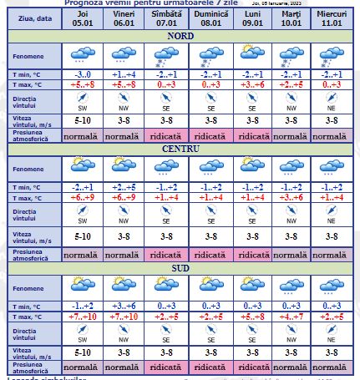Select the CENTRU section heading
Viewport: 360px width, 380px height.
point(180,148)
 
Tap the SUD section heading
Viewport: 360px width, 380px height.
point(180,268)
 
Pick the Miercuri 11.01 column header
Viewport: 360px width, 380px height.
point(333,19)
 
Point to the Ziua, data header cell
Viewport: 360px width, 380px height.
point(31,19)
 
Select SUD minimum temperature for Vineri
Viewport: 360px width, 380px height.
point(124,306)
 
